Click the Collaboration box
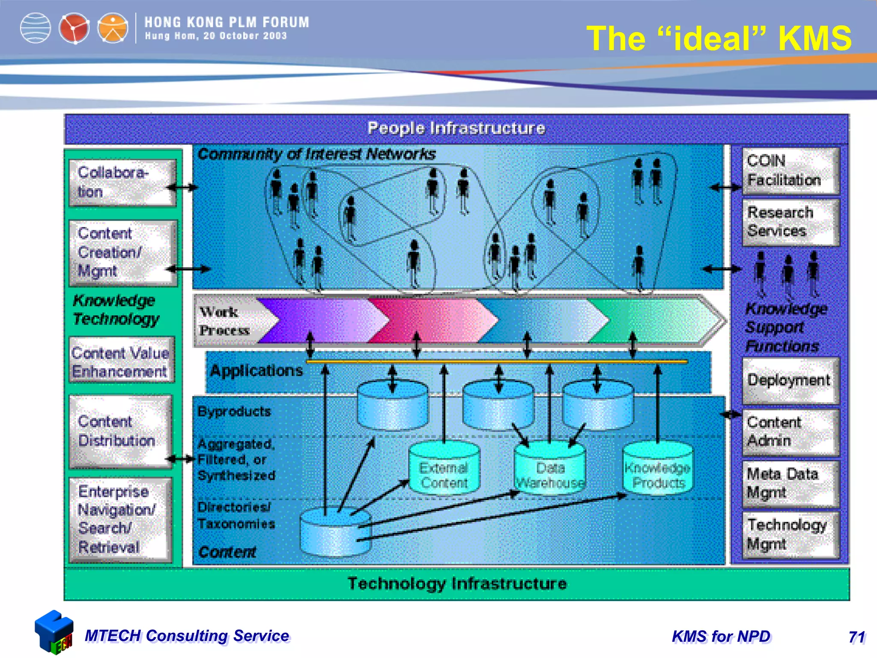(x=122, y=183)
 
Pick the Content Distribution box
(x=120, y=431)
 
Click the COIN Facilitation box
(x=790, y=171)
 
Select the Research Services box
(x=790, y=222)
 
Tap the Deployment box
(x=790, y=380)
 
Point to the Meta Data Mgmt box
(x=790, y=484)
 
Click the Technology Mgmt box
(x=790, y=535)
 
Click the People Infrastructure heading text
(x=456, y=129)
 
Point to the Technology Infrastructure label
(x=457, y=584)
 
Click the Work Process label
(x=224, y=321)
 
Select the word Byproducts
(x=234, y=412)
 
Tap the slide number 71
(x=856, y=637)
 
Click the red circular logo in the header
(x=74, y=28)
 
